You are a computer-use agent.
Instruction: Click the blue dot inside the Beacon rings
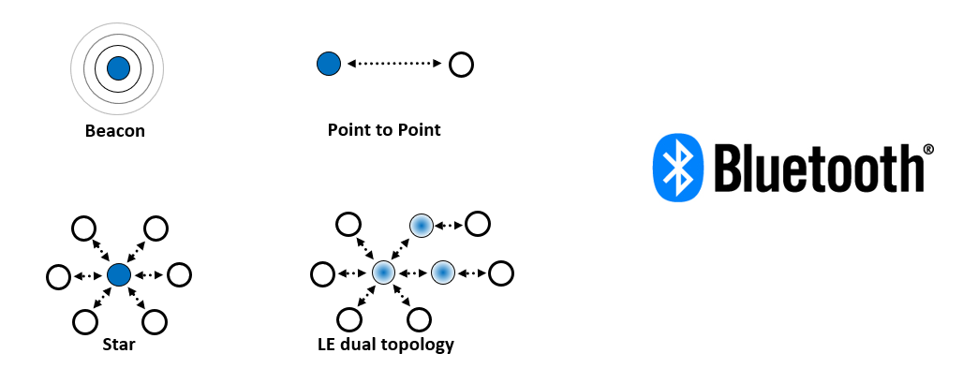click(x=118, y=67)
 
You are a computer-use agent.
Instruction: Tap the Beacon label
click(x=115, y=131)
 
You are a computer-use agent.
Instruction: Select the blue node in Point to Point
click(x=328, y=64)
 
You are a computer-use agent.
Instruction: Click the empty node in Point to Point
click(x=461, y=65)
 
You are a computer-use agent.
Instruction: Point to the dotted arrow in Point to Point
click(x=393, y=64)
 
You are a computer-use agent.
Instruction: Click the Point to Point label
click(x=384, y=130)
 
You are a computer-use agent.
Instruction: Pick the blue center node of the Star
click(x=118, y=275)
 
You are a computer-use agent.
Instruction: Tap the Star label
click(x=119, y=346)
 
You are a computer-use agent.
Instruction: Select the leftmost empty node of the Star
click(x=59, y=276)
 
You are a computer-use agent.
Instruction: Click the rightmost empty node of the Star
click(x=179, y=275)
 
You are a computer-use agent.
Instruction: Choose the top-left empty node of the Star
click(x=83, y=228)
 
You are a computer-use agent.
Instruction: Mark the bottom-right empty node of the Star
click(x=155, y=321)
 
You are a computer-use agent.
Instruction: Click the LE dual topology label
click(x=386, y=345)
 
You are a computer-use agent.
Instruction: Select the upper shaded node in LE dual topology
click(x=421, y=226)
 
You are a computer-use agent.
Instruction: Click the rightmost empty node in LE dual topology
click(x=502, y=273)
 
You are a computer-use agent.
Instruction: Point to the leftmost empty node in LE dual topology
click(x=323, y=274)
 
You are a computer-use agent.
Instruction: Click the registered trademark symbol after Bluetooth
click(x=927, y=148)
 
